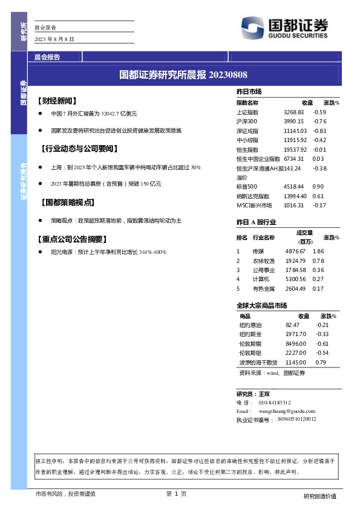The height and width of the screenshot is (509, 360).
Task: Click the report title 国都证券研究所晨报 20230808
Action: tap(183, 75)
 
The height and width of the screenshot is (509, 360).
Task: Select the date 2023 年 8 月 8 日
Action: tap(54, 39)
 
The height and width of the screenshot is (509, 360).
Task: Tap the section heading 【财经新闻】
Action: tap(57, 100)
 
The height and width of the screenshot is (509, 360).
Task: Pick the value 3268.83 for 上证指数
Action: tap(293, 112)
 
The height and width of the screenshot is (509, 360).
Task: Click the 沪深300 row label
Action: tap(247, 122)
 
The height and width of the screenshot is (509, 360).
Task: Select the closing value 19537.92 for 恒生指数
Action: tap(295, 149)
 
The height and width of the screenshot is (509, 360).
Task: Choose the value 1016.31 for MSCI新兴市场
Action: tap(293, 205)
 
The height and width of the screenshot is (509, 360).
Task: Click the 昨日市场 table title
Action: tap(249, 91)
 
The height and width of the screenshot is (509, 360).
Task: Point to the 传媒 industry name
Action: tap(258, 251)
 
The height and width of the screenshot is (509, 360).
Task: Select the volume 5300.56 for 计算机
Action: tap(296, 279)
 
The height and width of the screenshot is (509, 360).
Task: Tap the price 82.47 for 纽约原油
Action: tap(292, 325)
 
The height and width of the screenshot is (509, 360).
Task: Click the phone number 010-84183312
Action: tap(275, 402)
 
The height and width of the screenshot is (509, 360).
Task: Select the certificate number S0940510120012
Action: tap(296, 419)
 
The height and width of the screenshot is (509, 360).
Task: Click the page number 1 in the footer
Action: tap(175, 494)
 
